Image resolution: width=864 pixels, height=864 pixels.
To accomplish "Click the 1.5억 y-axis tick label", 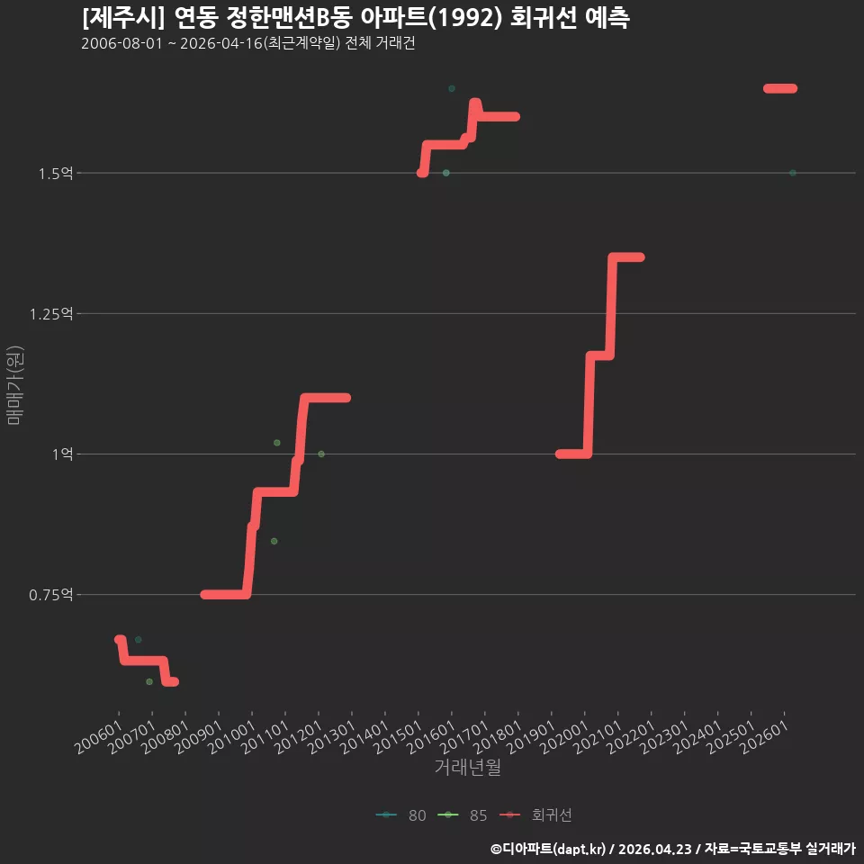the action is click(x=56, y=174).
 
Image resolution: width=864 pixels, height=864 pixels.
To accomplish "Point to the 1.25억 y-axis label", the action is click(x=51, y=314).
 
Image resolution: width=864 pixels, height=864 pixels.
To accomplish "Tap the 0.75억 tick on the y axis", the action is click(x=51, y=595).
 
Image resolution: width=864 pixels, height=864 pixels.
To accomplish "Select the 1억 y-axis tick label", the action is click(x=63, y=454).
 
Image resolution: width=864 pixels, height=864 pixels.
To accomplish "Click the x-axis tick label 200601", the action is click(x=99, y=737).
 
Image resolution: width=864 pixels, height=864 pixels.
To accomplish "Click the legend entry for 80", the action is click(x=401, y=815).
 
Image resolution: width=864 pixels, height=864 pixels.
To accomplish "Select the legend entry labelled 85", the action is click(x=463, y=815).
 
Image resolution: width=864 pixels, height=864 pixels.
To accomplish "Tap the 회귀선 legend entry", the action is click(x=535, y=815).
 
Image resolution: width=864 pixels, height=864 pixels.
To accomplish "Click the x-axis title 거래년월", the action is click(x=468, y=767).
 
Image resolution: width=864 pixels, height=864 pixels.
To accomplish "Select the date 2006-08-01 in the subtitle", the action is click(x=121, y=43).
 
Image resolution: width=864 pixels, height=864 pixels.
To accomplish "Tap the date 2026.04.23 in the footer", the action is click(x=655, y=849).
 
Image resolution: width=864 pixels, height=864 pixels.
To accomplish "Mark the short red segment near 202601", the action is click(x=780, y=89).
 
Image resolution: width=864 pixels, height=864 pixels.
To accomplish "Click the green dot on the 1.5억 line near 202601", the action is click(x=792, y=173).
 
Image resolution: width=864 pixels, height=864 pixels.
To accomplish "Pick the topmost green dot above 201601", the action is click(x=452, y=89).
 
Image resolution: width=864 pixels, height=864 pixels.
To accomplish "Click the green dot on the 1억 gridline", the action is click(x=321, y=454).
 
